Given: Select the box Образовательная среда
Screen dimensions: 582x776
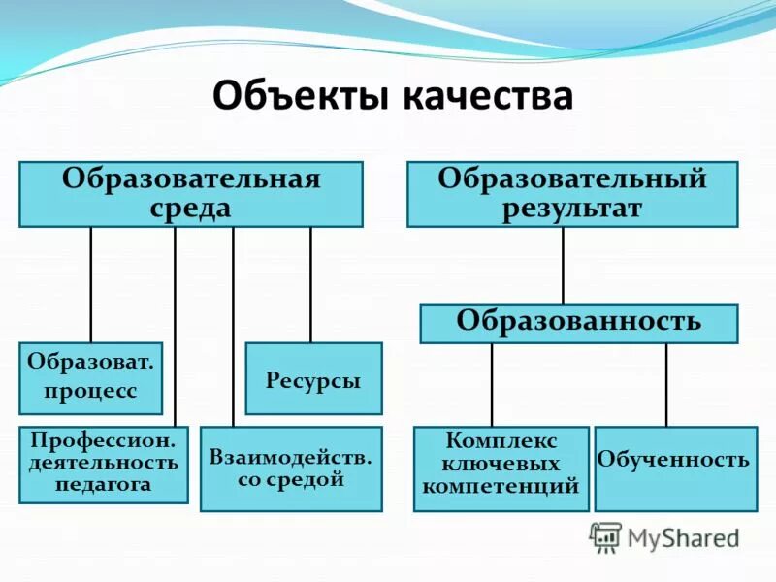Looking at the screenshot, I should coord(191,194).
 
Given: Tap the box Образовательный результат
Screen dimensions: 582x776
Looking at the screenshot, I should coord(572,194).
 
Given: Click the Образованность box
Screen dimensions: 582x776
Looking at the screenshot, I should coord(578,323).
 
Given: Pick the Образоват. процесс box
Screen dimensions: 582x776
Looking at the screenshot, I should coord(91,378).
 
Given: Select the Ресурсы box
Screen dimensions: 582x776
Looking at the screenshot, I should coord(313,378).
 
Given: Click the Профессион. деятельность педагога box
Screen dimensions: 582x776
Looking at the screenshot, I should coord(104,465).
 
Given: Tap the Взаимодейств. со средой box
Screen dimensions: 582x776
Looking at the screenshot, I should coord(291,469).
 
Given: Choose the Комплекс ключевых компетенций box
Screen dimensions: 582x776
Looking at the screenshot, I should coord(501,469).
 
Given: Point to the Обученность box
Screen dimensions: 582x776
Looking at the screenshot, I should coord(674,469).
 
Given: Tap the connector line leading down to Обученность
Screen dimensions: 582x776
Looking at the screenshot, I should coord(666,384).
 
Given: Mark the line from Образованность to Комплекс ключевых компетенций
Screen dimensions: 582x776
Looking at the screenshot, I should coord(492,384).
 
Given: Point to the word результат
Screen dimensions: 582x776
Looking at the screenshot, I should coord(572,210).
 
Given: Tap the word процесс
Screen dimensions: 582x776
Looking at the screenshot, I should coord(91,391).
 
